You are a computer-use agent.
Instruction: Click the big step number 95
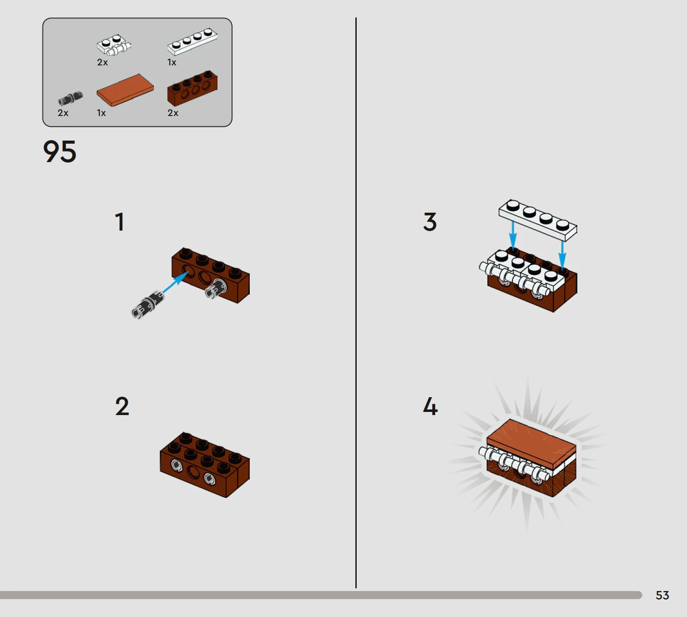60,152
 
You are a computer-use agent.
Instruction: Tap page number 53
662,595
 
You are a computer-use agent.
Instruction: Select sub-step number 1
119,222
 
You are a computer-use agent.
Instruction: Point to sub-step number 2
122,406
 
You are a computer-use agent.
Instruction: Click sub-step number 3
430,222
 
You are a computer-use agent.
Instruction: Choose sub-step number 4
430,406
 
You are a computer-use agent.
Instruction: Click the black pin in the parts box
70,99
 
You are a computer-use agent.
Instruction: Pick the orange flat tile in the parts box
125,90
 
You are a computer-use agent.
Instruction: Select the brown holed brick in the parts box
192,87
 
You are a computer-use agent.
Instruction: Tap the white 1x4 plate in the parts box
192,42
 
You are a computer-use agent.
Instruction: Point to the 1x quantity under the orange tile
101,113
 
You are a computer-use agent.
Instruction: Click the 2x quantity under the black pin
63,113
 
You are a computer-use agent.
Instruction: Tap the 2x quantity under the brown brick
173,113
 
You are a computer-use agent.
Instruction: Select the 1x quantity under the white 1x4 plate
171,62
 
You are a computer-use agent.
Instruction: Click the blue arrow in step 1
175,282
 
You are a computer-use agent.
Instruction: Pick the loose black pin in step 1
148,304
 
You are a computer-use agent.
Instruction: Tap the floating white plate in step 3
538,220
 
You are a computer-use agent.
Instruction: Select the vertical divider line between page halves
356,303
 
